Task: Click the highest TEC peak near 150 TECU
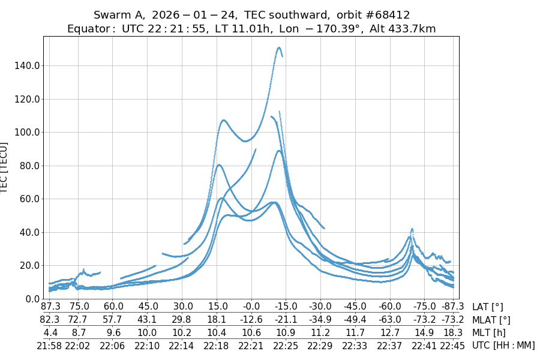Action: tap(279, 47)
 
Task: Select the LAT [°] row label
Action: tap(487, 307)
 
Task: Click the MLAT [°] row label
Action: tap(491, 320)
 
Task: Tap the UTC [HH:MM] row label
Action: tap(503, 345)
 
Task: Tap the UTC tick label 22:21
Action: tap(251, 345)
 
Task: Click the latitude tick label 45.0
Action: tap(147, 307)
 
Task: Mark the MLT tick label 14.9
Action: tap(425, 332)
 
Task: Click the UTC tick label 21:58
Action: tap(49, 345)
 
